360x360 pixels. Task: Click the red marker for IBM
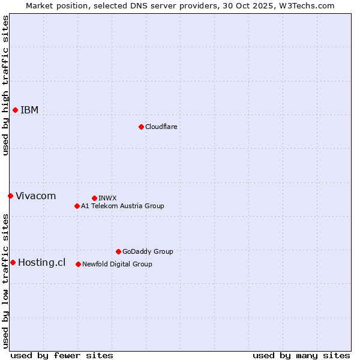[15, 110]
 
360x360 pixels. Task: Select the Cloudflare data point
[141, 127]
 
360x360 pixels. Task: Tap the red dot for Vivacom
[10, 196]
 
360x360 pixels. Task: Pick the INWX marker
[94, 198]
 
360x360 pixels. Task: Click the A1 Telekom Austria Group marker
[77, 206]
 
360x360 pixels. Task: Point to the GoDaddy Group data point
[118, 251]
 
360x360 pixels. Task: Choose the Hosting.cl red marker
[13, 262]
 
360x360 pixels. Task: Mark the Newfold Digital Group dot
[78, 264]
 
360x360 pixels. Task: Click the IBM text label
[29, 110]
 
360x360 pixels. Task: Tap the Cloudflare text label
[161, 127]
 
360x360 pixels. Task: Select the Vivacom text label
[35, 196]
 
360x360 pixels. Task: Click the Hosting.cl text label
[41, 262]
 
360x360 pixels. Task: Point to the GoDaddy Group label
[148, 251]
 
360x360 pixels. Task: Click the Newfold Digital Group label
[117, 264]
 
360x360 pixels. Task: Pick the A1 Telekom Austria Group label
[122, 206]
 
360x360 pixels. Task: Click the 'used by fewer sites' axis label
[62, 355]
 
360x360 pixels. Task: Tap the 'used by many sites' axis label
[301, 355]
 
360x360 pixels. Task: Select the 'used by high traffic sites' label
[5, 85]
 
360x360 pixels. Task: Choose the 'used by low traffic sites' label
[5, 281]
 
